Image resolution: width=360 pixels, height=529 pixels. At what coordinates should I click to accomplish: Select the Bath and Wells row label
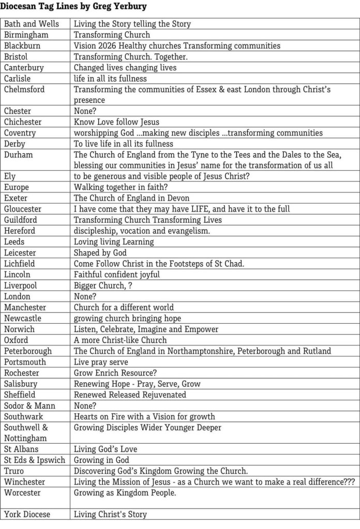(32, 24)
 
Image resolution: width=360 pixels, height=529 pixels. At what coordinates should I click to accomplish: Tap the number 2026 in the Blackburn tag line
(110, 46)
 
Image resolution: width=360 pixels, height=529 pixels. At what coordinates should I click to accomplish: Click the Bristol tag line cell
(130, 56)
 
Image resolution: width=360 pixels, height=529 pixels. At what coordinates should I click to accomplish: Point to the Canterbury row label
(24, 68)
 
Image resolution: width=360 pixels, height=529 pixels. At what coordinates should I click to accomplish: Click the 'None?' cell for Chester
(85, 111)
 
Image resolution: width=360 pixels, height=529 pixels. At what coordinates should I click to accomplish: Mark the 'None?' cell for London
(85, 296)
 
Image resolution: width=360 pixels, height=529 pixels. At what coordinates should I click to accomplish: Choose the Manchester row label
(25, 307)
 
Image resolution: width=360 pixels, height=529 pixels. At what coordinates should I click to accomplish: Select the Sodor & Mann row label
(29, 405)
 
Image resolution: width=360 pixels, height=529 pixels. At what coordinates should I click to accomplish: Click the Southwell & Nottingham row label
(26, 433)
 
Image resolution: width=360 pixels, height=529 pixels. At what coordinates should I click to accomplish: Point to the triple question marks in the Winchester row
(349, 482)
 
